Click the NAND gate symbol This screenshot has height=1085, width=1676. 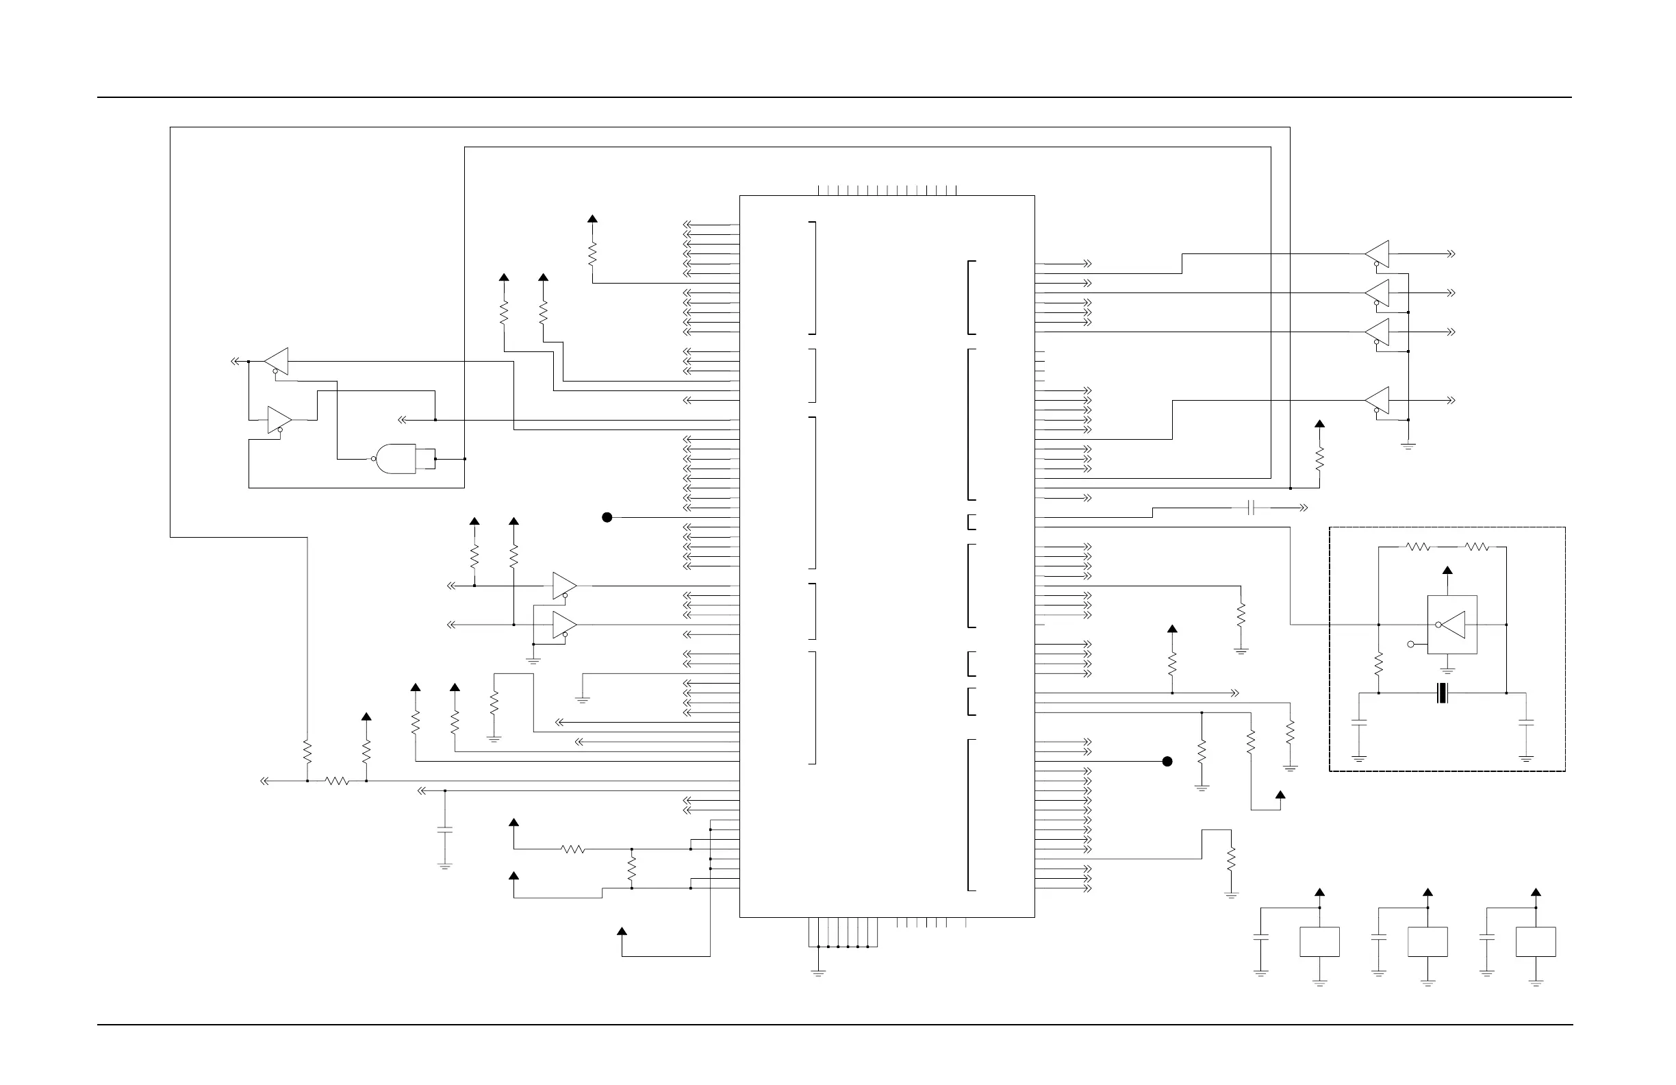click(396, 459)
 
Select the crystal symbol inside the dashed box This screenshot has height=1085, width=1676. click(1443, 693)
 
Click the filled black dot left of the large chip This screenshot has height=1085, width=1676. click(607, 517)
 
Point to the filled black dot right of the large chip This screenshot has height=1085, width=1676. click(1167, 761)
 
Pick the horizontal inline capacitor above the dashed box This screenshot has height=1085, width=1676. click(1251, 508)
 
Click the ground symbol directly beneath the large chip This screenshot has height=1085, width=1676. click(817, 972)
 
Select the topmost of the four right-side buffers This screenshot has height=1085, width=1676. click(1377, 253)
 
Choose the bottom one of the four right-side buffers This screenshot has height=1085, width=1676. click(1377, 400)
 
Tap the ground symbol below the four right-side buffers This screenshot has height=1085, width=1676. click(1408, 445)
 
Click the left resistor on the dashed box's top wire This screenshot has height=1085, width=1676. click(1418, 547)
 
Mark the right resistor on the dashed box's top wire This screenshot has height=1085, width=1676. click(1477, 547)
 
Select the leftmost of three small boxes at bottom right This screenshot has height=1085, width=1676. click(1319, 941)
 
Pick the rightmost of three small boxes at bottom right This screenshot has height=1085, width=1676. click(1535, 941)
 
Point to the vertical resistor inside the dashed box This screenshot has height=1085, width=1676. click(1379, 664)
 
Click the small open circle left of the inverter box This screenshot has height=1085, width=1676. click(1410, 644)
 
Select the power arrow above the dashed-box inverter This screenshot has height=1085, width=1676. click(1447, 571)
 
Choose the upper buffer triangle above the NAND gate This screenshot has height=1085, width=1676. click(277, 362)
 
